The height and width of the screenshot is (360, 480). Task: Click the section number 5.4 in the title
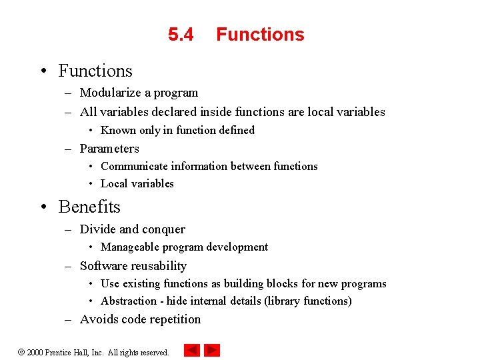coord(181,35)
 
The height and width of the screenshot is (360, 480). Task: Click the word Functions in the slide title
coord(260,35)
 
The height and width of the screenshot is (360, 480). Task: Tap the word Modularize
coord(109,93)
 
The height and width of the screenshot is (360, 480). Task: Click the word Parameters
coord(109,149)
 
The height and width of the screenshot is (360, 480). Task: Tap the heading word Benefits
coord(89,207)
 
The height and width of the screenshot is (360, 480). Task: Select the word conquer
coord(163,229)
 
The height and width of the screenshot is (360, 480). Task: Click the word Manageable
coord(130,247)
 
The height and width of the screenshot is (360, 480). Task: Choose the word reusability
coord(157,266)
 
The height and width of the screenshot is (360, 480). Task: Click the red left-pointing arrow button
coord(191,350)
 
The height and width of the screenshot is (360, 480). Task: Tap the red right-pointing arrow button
coord(212,350)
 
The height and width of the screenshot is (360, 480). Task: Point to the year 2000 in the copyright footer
coord(35,352)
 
